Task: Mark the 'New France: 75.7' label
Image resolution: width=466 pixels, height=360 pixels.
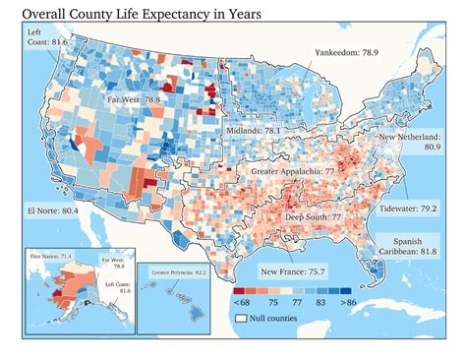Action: [293, 269]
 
